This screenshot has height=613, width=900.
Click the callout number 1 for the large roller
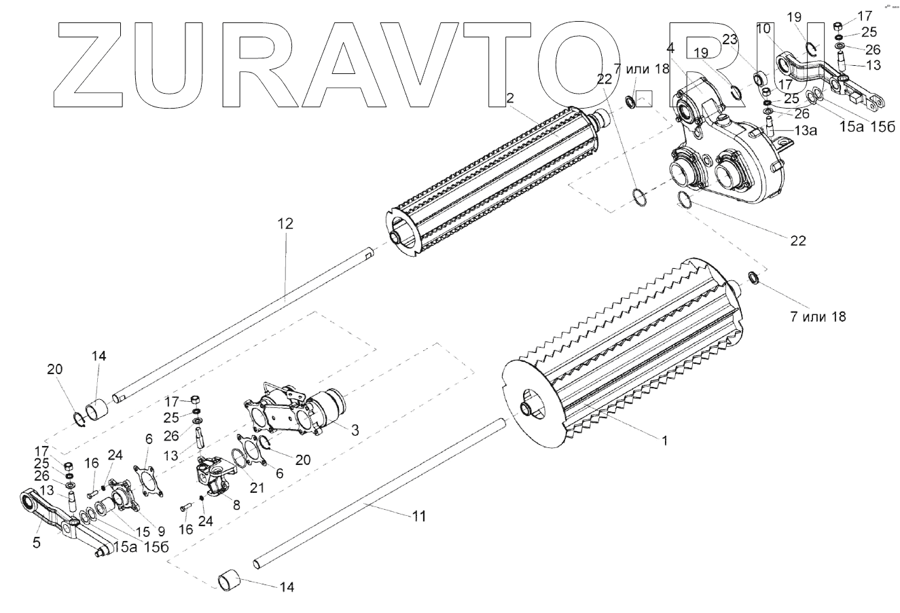[666, 440]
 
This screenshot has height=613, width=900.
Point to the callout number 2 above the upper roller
[510, 98]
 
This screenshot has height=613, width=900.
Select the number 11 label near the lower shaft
[419, 517]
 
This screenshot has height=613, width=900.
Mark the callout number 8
[236, 504]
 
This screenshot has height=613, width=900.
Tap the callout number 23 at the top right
[730, 40]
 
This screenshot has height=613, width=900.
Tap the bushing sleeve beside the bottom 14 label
[230, 581]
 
